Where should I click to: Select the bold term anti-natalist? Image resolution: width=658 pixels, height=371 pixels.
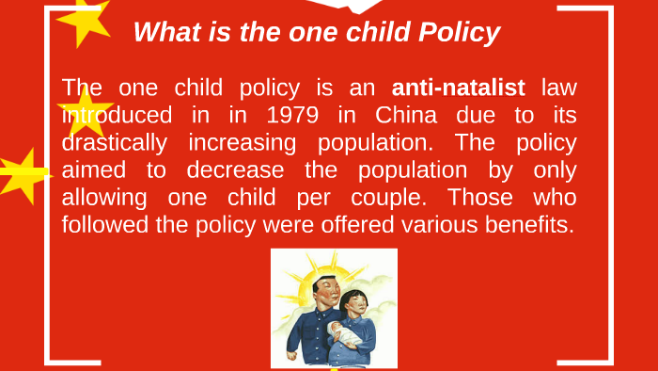tap(459, 89)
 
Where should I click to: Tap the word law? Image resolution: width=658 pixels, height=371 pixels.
tap(558, 89)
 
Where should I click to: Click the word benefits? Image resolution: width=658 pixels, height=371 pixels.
tap(527, 226)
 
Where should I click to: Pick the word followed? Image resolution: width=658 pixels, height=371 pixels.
tap(105, 226)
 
